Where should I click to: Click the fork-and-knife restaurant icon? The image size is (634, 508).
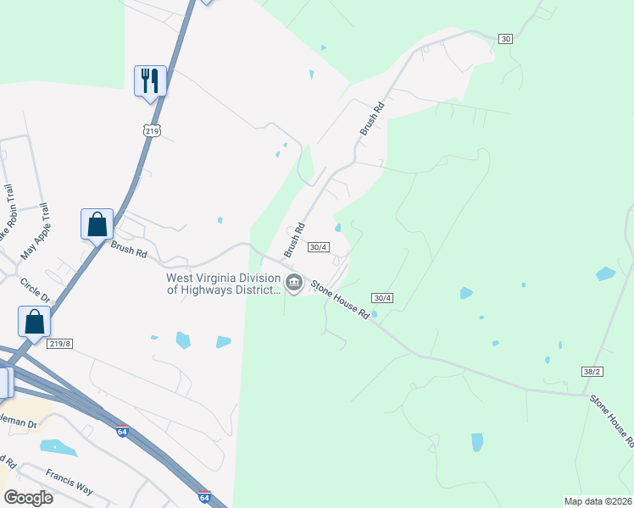click(150, 81)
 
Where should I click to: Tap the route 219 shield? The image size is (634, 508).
click(151, 130)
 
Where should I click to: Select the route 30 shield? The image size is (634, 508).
click(506, 39)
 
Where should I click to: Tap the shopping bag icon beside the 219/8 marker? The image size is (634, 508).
click(34, 322)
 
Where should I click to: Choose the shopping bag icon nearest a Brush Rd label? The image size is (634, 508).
click(97, 224)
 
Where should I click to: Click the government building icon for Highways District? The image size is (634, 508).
click(294, 283)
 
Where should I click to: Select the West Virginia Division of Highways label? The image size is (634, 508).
click(224, 284)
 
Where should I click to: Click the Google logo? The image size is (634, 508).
click(27, 497)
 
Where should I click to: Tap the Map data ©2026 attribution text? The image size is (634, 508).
click(598, 501)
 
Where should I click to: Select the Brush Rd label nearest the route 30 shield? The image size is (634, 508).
click(372, 119)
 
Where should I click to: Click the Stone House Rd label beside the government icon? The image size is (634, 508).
click(340, 298)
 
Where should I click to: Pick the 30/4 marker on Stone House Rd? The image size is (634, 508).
click(382, 297)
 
